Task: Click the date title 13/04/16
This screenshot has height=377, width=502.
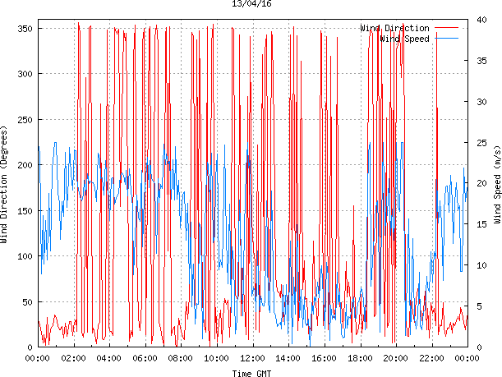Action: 252,4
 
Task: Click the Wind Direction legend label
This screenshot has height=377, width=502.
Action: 394,29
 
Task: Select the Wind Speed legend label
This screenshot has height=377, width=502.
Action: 404,39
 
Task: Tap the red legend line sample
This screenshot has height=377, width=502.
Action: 447,29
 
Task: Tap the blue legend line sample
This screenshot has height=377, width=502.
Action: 447,39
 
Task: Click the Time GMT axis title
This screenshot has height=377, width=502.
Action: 252,373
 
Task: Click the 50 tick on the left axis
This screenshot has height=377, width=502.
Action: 25,301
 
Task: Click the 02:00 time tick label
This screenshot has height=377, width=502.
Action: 73,358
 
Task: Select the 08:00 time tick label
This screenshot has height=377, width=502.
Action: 181,358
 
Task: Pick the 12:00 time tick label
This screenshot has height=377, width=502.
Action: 252,358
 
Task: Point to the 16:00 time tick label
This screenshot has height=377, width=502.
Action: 324,358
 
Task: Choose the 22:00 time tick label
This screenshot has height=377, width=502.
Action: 431,358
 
